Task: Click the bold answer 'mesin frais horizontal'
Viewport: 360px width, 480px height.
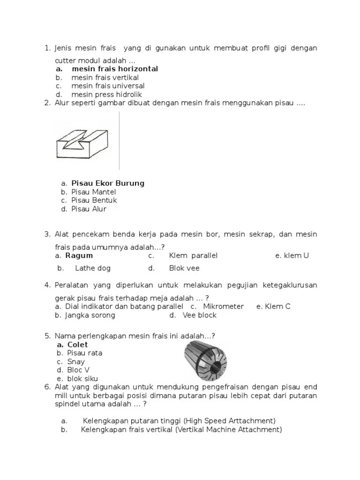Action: coord(114,69)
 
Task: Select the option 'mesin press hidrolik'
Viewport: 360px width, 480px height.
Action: coord(99,95)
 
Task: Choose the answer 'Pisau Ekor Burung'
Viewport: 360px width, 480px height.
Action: coord(107,183)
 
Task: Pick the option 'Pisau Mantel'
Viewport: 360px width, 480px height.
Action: coord(93,192)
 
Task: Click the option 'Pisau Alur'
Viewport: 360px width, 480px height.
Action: coord(89,209)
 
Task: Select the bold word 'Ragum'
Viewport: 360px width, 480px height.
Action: coord(79,256)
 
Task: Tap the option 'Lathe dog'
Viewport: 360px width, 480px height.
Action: coord(92,269)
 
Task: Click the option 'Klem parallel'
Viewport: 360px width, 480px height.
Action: coord(193,256)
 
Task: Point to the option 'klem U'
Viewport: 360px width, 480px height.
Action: coord(296,256)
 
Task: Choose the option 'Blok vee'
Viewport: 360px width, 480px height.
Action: coord(184,269)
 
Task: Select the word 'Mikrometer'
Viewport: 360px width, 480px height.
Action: coord(223,307)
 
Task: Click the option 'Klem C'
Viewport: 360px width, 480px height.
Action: coord(277,307)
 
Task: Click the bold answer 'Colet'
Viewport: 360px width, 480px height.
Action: coord(77,345)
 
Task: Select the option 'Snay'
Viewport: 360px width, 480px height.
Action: coord(76,362)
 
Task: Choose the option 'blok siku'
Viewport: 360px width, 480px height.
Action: coord(82,379)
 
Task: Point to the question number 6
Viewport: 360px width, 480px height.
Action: coord(47,387)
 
